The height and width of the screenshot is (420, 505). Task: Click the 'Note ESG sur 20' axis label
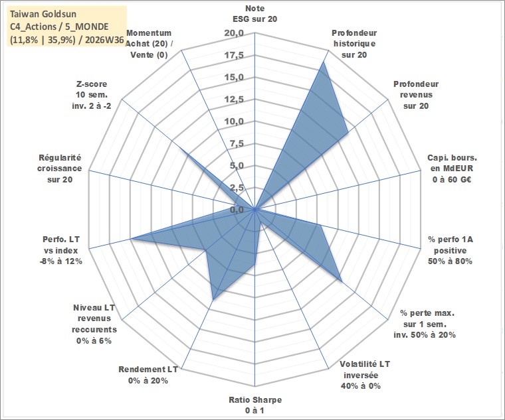[254, 13]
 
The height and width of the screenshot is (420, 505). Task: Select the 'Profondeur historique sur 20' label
[354, 44]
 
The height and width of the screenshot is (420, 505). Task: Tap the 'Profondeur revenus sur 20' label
[416, 95]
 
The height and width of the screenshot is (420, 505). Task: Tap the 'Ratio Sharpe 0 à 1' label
[255, 405]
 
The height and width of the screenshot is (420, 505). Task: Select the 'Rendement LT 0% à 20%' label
[148, 375]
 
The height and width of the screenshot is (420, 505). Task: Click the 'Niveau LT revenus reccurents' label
[94, 324]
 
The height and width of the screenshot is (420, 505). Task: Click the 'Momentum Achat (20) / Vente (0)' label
[149, 44]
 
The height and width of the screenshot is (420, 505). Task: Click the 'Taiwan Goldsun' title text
[43, 14]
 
